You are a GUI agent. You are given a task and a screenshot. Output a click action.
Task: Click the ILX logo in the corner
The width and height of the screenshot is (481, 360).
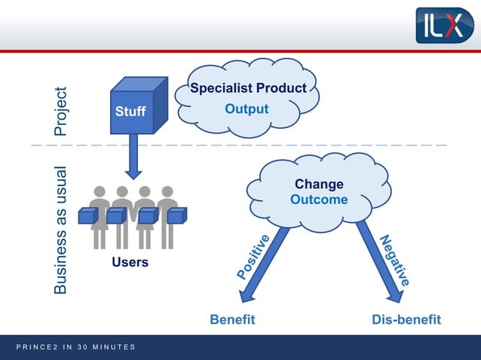point(444,25)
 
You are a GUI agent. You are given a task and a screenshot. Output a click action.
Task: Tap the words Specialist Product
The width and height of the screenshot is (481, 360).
point(248,89)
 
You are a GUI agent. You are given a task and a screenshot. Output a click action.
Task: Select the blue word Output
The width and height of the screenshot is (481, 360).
point(247,109)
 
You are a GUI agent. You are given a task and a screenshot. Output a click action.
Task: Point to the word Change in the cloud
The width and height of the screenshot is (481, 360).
point(319,185)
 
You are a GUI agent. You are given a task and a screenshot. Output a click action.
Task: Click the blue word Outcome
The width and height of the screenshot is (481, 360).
point(319,200)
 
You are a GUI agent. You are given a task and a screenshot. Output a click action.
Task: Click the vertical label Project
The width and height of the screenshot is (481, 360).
point(61,111)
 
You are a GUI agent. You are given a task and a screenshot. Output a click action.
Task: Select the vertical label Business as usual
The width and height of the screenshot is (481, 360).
point(61,229)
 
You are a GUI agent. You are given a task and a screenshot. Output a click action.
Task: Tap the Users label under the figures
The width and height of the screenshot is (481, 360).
point(130,263)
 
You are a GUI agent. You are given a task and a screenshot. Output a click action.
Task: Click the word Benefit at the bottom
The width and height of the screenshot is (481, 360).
point(232,319)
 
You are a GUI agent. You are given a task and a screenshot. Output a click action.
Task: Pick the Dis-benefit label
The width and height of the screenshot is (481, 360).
point(406,319)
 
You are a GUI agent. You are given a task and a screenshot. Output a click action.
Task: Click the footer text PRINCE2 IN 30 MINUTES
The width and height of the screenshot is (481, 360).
point(75,346)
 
